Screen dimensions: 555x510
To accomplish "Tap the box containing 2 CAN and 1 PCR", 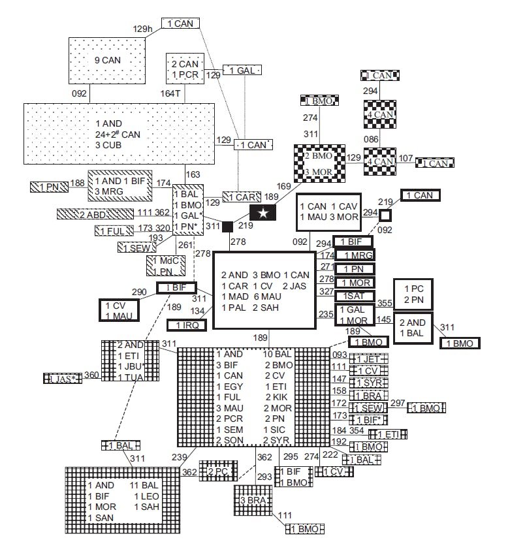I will tap(185, 69).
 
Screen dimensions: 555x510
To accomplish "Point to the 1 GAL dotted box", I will tap(242, 70).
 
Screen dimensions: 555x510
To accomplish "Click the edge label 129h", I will tap(142, 29).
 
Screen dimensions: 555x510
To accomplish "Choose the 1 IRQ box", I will tap(187, 325).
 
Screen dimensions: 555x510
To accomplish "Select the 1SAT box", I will tap(355, 296).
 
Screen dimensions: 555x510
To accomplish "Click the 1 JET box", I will tap(368, 358).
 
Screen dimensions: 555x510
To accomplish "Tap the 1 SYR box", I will tap(368, 382).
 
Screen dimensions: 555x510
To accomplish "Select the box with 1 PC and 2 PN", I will tap(413, 294).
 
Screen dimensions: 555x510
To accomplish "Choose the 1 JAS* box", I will tap(63, 378).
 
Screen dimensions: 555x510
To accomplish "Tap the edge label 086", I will tap(371, 140).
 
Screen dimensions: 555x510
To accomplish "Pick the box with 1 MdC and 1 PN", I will tap(165, 264).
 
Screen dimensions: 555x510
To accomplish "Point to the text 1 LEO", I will tap(146, 496).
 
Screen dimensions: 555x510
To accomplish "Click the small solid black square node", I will tap(228, 227).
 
